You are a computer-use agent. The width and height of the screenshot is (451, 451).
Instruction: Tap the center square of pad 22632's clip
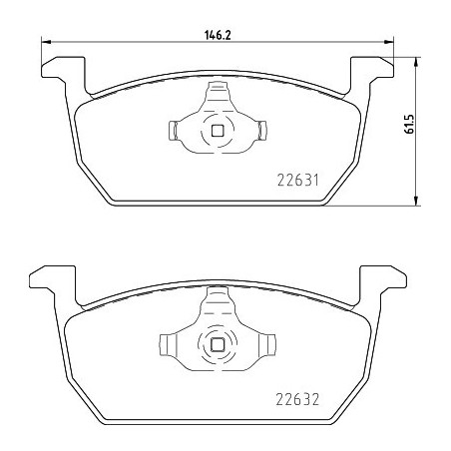218,344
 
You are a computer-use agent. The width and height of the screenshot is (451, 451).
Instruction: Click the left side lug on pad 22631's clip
172,130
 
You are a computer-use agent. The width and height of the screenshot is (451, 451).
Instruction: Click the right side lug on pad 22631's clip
263,130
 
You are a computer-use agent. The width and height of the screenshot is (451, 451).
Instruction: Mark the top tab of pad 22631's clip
218,94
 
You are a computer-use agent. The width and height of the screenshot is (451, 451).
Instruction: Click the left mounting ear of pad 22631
58,72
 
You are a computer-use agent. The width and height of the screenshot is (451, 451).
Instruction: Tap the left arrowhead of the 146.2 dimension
44,42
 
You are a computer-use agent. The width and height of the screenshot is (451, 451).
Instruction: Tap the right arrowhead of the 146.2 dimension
391,42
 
